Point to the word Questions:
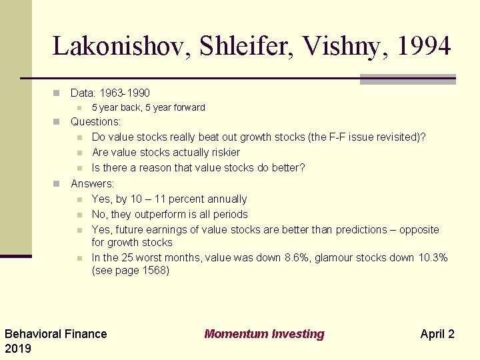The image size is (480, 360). pyautogui.click(x=96, y=122)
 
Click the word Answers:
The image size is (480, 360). pyautogui.click(x=93, y=183)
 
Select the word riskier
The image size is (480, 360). pyautogui.click(x=222, y=153)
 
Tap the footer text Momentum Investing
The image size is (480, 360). pyautogui.click(x=264, y=334)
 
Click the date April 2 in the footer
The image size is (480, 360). pyautogui.click(x=437, y=334)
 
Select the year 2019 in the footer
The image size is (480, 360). pyautogui.click(x=18, y=349)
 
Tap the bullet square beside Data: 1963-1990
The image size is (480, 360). pyautogui.click(x=57, y=93)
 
